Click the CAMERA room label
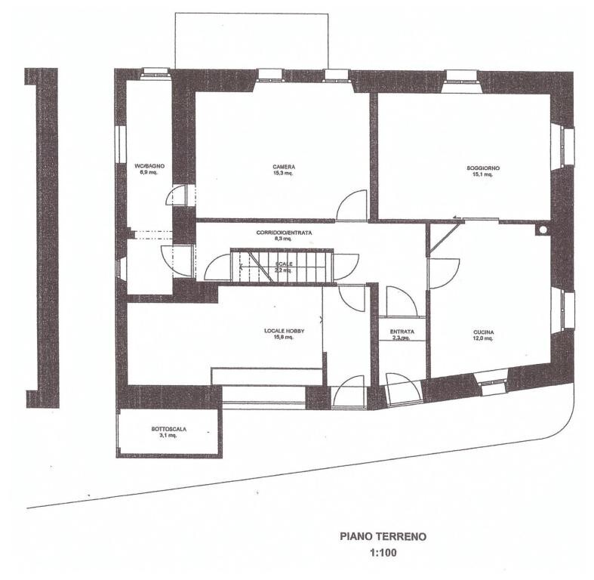(x=284, y=167)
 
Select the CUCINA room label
(x=483, y=332)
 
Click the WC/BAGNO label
(x=149, y=165)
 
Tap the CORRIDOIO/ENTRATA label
(x=283, y=233)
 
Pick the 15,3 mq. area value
(x=284, y=173)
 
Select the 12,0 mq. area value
(x=483, y=339)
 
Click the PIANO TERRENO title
(x=383, y=537)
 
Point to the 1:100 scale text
(x=383, y=553)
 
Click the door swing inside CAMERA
(x=352, y=206)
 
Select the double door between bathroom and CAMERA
(x=180, y=196)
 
